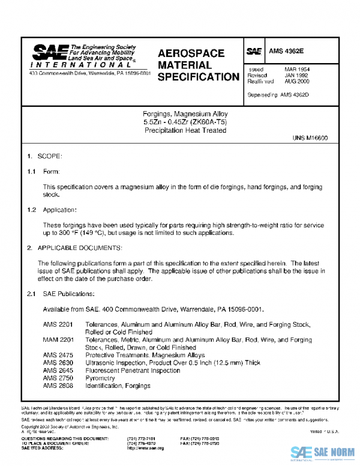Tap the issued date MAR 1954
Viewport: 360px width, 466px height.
[x=296, y=70]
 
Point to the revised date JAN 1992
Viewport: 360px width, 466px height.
[x=296, y=76]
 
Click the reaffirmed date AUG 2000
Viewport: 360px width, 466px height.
[x=296, y=82]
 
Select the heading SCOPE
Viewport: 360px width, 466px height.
[x=50, y=156]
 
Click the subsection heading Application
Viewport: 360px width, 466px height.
[x=59, y=210]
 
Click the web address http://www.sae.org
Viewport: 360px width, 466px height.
[x=145, y=449]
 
